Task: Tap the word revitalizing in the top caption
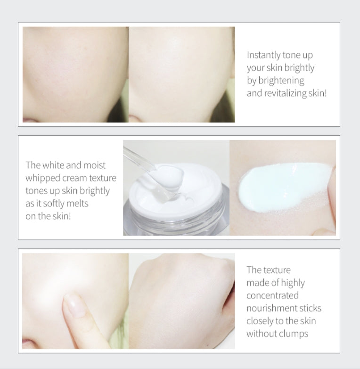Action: (285, 93)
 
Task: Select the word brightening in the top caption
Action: (281, 81)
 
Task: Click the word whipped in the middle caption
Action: (42, 179)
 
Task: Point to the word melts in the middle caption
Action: (77, 203)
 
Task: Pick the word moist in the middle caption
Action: (94, 165)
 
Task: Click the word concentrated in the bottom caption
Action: (272, 295)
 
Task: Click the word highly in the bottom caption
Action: (293, 283)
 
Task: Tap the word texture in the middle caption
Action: (103, 179)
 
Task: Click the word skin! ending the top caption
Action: (318, 93)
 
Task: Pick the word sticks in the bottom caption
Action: (311, 308)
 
